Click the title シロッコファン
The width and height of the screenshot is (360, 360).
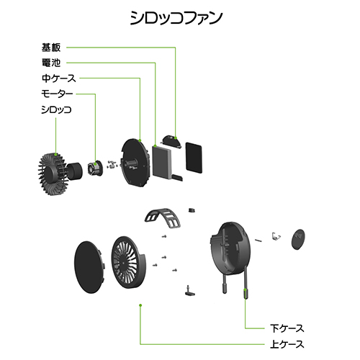[x=176, y=18]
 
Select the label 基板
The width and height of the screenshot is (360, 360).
[x=51, y=48]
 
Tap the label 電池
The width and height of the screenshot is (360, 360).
[x=51, y=63]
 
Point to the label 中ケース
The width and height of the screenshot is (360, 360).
[x=59, y=78]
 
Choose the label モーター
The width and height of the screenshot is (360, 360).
[x=57, y=94]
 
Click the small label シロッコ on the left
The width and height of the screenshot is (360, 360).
[x=56, y=109]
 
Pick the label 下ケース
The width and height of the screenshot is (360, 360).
[x=287, y=328]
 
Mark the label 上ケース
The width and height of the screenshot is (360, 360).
[x=287, y=344]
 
